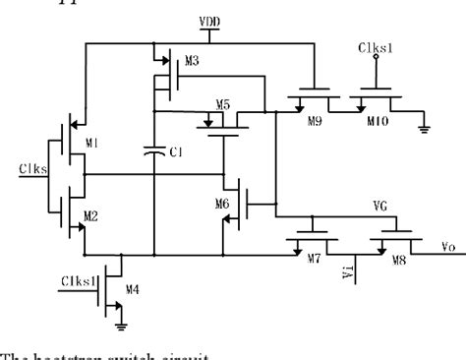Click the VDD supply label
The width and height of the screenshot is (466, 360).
pyautogui.click(x=238, y=21)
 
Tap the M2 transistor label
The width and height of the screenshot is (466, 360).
pyautogui.click(x=92, y=214)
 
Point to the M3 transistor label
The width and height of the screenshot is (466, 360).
pyautogui.click(x=191, y=61)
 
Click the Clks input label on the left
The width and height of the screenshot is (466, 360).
pyautogui.click(x=30, y=168)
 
